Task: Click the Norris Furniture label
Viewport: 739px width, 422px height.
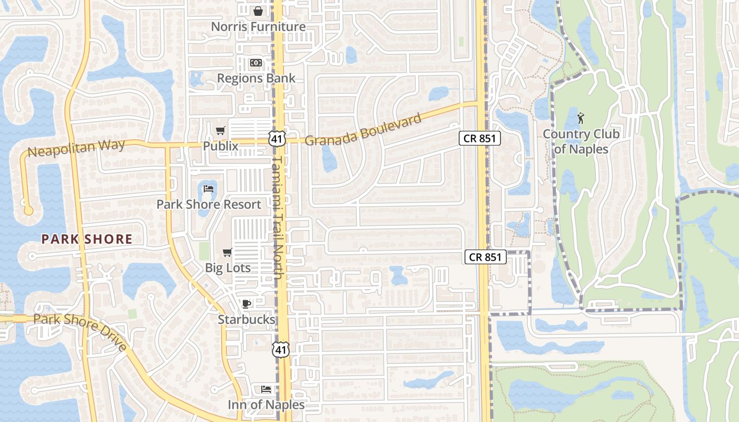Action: coord(258,26)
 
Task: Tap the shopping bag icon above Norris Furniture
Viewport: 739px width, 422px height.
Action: coord(258,11)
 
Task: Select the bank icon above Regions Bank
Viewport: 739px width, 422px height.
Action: coord(256,63)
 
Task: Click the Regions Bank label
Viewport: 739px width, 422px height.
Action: coord(256,79)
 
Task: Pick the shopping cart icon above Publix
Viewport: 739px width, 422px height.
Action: coord(221,130)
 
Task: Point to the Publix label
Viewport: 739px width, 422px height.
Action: coord(221,146)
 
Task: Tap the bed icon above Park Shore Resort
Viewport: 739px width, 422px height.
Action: coord(209,188)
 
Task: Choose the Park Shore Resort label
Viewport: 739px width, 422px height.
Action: coord(209,205)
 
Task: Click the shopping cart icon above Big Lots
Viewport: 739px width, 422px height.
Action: coord(228,252)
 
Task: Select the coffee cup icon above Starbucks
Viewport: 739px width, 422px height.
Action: coord(246,303)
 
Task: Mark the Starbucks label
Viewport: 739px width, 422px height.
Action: coord(246,320)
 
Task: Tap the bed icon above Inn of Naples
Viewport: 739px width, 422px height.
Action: coord(266,389)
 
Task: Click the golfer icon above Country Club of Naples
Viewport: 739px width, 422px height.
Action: coord(581,118)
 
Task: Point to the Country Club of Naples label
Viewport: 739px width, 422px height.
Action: coord(581,141)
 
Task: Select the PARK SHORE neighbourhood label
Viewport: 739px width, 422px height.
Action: coord(87,239)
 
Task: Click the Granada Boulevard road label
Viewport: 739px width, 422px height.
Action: coord(363,130)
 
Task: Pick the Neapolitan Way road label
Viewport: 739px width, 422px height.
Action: coord(76,148)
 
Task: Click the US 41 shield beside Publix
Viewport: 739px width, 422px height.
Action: coord(277,138)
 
